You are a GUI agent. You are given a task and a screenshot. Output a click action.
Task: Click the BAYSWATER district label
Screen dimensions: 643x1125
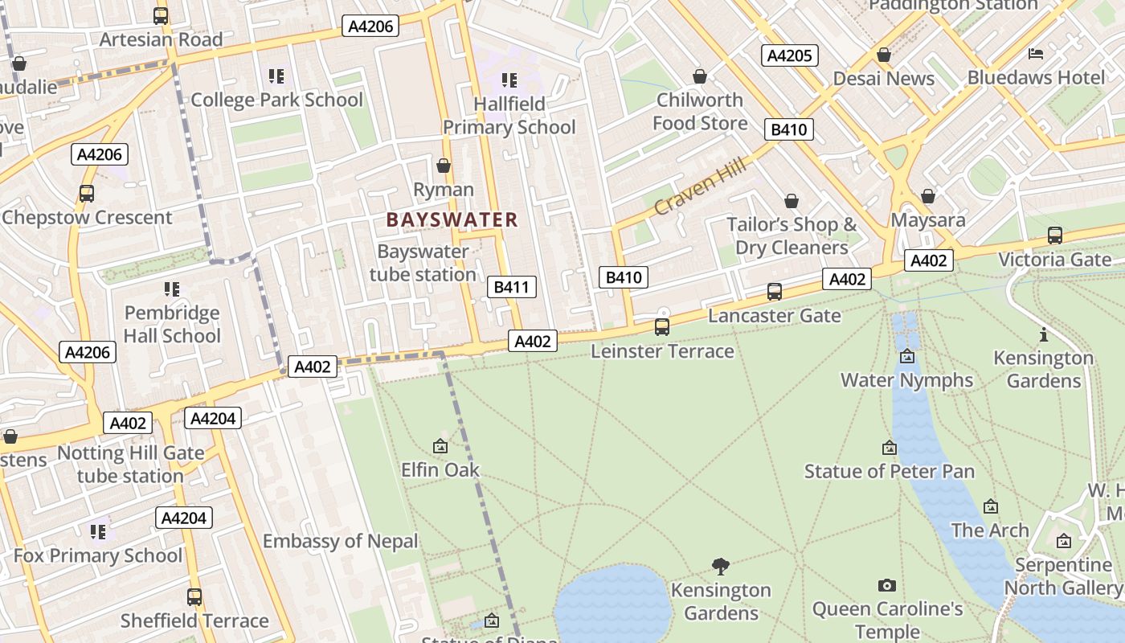click(x=452, y=219)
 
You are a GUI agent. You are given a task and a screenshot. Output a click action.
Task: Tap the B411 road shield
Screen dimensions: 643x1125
click(x=511, y=287)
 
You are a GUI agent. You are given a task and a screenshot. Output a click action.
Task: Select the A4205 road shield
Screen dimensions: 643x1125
click(x=789, y=55)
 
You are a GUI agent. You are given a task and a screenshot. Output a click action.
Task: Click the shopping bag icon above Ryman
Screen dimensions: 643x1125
click(x=443, y=166)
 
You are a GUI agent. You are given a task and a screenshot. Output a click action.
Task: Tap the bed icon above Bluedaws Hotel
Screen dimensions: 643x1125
click(x=1036, y=54)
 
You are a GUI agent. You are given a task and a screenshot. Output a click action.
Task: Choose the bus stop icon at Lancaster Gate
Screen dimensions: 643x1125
click(x=774, y=292)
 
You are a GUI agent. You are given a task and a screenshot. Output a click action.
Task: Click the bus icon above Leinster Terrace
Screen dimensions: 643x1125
click(x=662, y=327)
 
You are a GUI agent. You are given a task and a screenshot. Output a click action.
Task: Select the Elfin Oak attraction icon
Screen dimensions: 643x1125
click(x=440, y=446)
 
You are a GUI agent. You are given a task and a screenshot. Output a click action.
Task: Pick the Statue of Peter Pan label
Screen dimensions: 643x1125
click(x=889, y=471)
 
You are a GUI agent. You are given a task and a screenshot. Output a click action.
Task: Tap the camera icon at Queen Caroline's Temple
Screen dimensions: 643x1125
click(x=887, y=585)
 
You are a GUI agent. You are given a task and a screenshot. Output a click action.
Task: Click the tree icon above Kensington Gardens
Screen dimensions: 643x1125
click(x=721, y=567)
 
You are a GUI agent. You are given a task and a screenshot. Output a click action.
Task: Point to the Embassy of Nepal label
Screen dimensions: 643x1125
click(x=341, y=541)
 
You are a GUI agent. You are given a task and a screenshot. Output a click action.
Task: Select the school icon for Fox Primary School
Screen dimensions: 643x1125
click(x=98, y=531)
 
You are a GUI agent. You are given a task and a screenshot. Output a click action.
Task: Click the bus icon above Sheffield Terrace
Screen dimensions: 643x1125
click(x=194, y=597)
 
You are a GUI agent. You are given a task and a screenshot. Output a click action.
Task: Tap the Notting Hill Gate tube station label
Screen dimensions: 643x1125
click(x=130, y=465)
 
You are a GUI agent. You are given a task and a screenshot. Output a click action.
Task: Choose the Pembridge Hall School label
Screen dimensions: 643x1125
click(x=172, y=324)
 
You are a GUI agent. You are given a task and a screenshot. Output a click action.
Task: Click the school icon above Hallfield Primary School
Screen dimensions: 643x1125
click(x=509, y=80)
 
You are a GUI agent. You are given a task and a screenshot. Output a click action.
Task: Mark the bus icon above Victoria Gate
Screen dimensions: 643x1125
click(x=1054, y=235)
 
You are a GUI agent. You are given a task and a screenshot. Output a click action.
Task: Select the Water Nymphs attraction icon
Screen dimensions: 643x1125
click(x=907, y=356)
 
